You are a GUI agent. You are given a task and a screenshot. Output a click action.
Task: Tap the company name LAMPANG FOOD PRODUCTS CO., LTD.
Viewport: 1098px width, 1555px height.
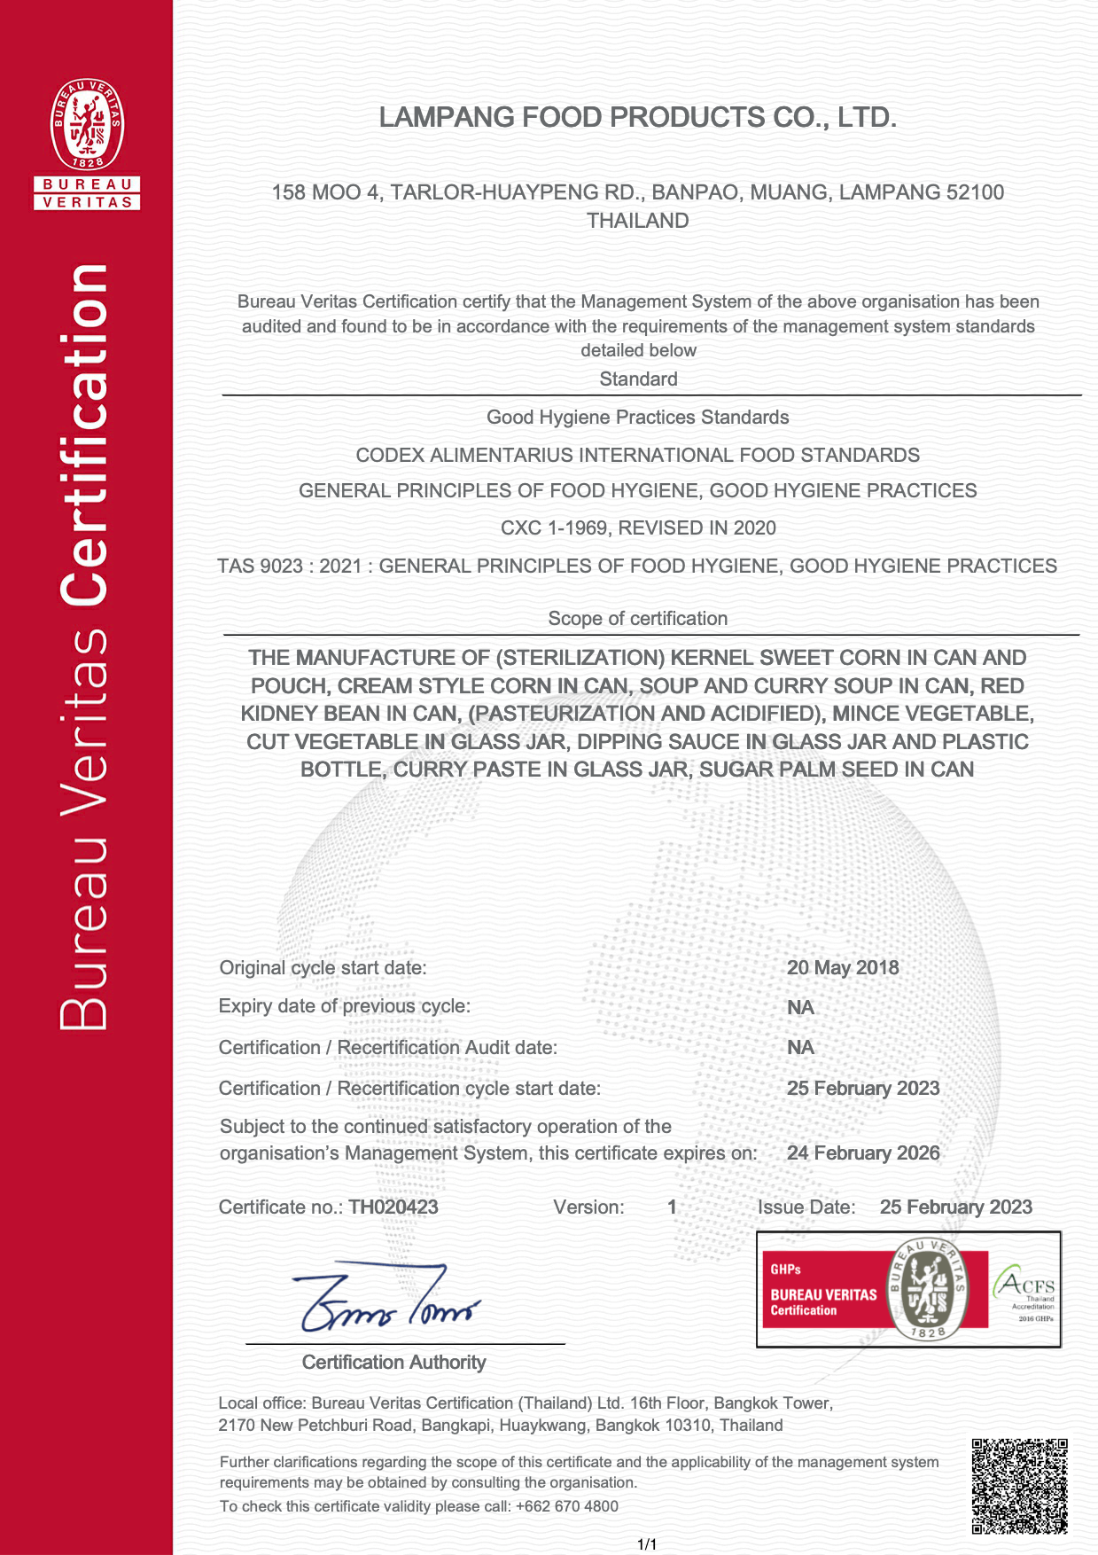coord(637,117)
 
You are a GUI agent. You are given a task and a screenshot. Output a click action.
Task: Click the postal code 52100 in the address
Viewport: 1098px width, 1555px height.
coord(975,192)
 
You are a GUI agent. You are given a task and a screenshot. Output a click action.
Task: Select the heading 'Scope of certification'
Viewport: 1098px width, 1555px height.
coord(637,619)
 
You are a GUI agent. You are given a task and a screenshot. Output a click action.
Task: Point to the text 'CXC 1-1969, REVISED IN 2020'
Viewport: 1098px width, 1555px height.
coord(638,528)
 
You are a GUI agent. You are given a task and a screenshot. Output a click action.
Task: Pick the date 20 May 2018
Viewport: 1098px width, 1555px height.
coord(842,967)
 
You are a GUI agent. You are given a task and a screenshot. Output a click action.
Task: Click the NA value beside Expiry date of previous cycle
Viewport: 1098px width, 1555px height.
coord(800,1007)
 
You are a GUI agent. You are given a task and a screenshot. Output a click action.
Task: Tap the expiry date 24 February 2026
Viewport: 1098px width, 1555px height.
coord(862,1153)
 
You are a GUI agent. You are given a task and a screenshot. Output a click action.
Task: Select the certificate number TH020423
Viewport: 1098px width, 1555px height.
coord(393,1207)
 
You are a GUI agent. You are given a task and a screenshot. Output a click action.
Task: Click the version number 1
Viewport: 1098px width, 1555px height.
coord(672,1207)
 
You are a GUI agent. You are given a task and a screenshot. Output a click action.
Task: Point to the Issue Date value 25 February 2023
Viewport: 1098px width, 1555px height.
coord(955,1207)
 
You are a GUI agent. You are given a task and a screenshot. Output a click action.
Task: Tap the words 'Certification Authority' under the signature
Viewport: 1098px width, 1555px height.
coord(393,1363)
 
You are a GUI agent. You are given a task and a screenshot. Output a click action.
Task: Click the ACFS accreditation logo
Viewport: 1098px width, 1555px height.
coord(1025,1292)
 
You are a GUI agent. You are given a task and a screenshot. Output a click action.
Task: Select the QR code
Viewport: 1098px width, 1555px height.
coord(1019,1487)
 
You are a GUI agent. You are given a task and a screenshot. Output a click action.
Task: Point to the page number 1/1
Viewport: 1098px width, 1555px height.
coord(647,1544)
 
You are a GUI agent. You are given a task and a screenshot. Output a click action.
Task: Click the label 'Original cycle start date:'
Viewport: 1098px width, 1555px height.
coord(323,967)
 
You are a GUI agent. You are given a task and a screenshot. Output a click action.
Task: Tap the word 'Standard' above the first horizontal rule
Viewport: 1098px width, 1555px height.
coord(638,379)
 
